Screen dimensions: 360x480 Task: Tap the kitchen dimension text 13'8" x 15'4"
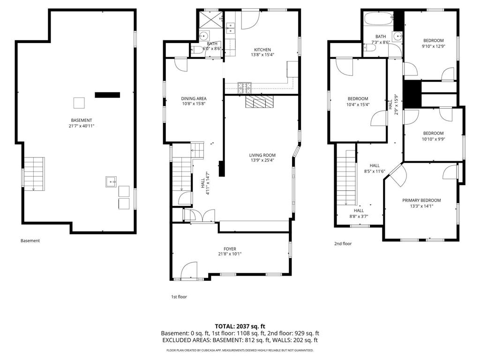[262, 55]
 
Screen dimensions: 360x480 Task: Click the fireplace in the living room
[258, 102]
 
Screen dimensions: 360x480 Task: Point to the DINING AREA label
[194, 98]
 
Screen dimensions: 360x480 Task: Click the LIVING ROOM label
[262, 155]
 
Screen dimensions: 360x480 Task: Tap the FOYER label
[230, 249]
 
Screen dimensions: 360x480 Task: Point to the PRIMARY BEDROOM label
[421, 200]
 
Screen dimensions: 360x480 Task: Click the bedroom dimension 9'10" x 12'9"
[434, 46]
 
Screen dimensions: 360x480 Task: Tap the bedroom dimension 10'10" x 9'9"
[433, 139]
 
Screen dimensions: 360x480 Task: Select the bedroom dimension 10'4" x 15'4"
[358, 105]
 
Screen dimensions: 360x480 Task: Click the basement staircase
[34, 173]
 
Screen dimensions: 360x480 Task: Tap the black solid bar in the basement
[107, 95]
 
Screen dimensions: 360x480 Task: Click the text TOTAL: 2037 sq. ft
[240, 326]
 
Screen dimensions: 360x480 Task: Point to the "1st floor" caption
[179, 297]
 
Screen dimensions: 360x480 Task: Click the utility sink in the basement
[111, 181]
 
